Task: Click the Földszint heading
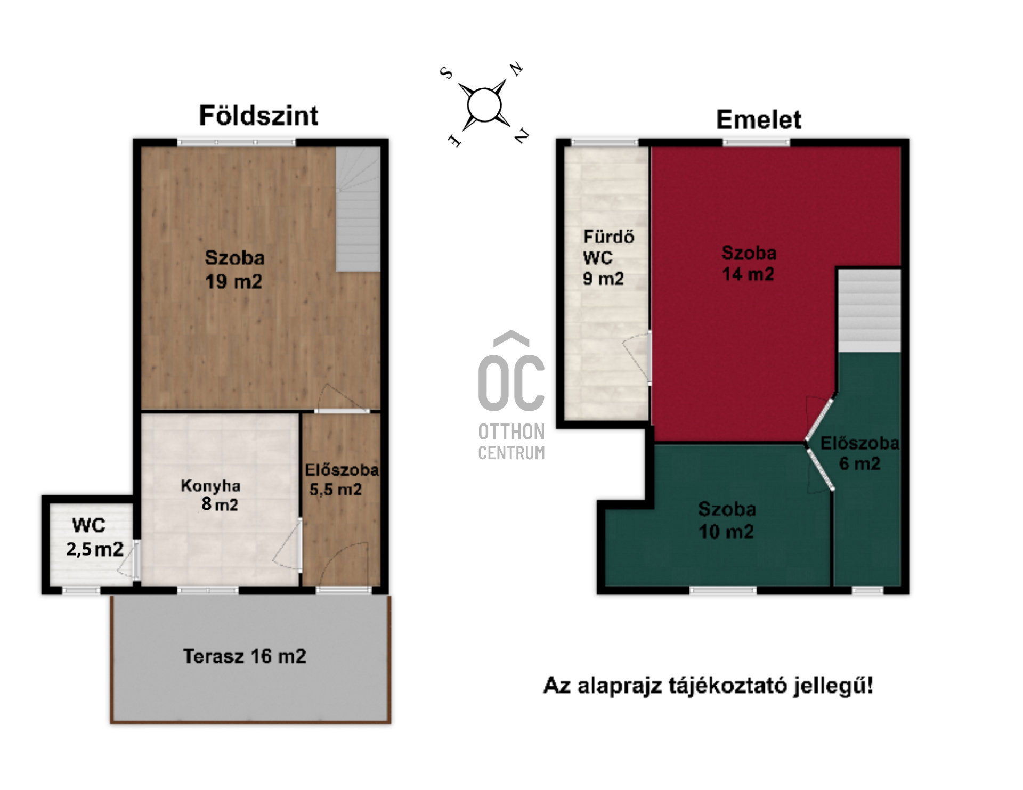tap(258, 116)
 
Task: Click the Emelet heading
tap(758, 119)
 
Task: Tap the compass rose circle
tap(484, 105)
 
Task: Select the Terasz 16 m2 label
tap(245, 656)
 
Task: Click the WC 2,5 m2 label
tap(94, 537)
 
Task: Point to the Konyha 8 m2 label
tap(210, 495)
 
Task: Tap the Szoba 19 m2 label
tap(234, 270)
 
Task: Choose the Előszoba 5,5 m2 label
tap(342, 479)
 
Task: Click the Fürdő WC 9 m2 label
tap(608, 257)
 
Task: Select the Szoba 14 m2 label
tap(749, 263)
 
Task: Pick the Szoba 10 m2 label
tap(727, 520)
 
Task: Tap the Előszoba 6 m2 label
tap(859, 453)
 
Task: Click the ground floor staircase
tap(358, 209)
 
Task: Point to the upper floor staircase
tap(869, 310)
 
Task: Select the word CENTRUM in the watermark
tap(511, 453)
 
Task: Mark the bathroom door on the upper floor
tap(639, 357)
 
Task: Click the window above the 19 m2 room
tap(236, 143)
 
